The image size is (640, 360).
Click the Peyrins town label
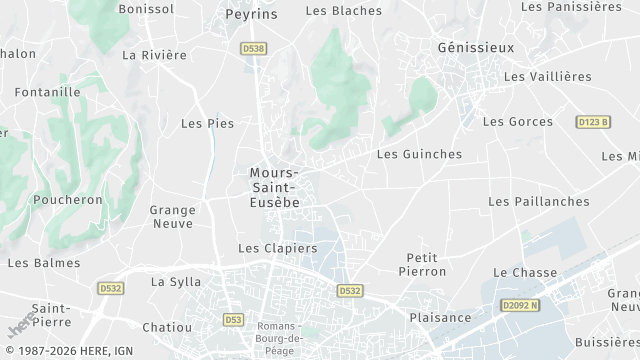tap(251, 16)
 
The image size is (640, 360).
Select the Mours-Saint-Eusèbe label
tap(274, 187)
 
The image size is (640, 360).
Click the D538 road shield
tap(253, 48)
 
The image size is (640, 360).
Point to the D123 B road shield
tap(593, 122)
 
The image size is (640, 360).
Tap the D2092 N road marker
tap(520, 304)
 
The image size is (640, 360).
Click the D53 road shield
tap(233, 319)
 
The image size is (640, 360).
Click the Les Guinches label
tap(419, 154)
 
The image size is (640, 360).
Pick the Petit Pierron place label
tap(422, 264)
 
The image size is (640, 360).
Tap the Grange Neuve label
tap(172, 217)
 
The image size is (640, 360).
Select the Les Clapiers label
tap(277, 248)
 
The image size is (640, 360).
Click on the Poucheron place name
tap(68, 199)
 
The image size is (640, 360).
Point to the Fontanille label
tap(48, 92)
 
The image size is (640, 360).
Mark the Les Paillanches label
tap(538, 201)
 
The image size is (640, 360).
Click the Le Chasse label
tap(525, 272)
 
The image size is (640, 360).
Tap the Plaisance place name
tap(440, 318)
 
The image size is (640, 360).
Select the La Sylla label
tap(176, 282)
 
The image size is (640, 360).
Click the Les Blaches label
tap(343, 11)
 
